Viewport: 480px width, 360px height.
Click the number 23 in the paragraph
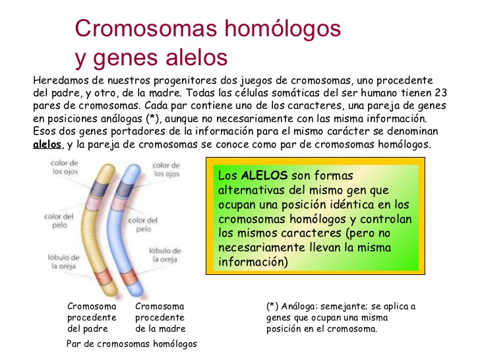click(x=440, y=93)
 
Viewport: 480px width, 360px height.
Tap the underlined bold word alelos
click(x=47, y=144)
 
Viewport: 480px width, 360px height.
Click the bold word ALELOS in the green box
click(x=264, y=176)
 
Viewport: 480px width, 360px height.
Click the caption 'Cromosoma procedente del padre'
click(x=92, y=317)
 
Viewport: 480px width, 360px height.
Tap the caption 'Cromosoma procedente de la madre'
click(x=160, y=317)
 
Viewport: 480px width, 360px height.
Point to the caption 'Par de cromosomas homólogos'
click(x=132, y=344)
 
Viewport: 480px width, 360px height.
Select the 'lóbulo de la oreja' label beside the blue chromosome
click(x=165, y=255)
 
